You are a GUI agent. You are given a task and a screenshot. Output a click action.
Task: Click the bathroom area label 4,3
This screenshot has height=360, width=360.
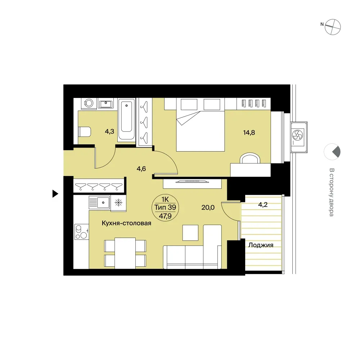[109, 131]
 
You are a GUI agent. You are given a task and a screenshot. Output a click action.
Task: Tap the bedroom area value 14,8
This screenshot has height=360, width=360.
[249, 132]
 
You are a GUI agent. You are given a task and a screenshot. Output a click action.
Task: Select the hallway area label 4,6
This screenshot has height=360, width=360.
[141, 169]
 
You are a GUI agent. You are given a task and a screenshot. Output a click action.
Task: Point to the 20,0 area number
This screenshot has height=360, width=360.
[208, 208]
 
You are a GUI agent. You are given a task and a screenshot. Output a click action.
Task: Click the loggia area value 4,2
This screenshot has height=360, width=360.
[263, 204]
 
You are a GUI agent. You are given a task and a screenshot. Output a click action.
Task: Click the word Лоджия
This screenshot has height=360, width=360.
[261, 245]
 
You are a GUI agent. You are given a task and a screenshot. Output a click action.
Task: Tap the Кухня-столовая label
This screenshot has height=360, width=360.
[126, 223]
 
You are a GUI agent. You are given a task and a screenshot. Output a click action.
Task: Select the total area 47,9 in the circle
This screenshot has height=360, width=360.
[165, 216]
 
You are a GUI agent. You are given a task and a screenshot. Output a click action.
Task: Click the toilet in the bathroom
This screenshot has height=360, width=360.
[85, 132]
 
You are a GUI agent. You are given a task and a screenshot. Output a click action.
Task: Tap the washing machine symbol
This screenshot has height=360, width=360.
[89, 103]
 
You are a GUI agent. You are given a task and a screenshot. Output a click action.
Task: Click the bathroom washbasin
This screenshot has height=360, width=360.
[106, 104]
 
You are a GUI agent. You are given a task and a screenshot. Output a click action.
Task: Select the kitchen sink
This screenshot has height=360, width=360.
[99, 203]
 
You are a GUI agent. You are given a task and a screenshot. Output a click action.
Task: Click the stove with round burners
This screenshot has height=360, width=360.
[81, 232]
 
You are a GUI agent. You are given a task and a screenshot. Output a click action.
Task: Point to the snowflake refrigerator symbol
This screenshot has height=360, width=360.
[118, 202]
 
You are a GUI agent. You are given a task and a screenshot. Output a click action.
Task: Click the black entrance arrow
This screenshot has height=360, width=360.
[55, 194]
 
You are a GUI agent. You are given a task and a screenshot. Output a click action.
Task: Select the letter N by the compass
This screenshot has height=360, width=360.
[322, 24]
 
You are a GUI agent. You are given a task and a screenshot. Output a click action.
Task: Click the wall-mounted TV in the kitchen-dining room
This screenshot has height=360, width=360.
[192, 182]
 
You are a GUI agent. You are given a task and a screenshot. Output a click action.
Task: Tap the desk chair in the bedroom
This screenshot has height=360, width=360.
[250, 158]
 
